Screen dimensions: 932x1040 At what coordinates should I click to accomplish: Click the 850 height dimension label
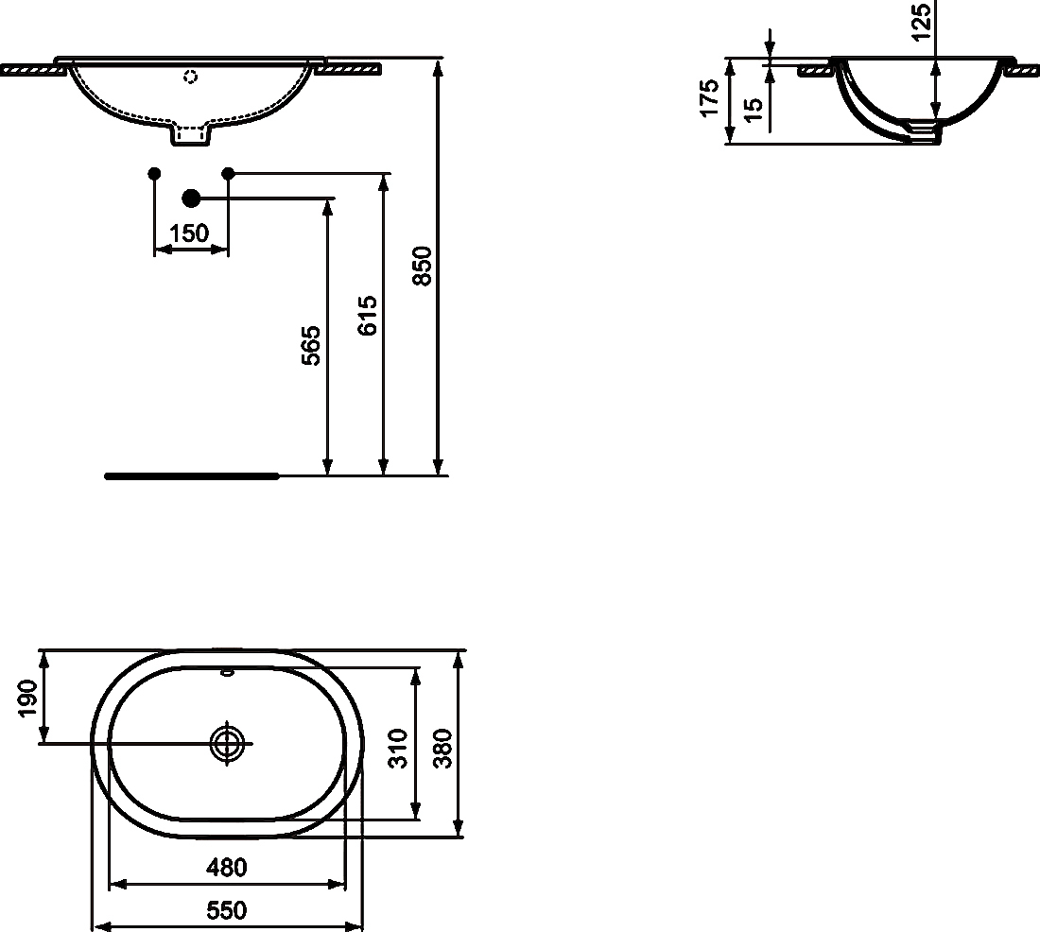(425, 266)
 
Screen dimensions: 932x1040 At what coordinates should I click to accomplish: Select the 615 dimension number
(369, 315)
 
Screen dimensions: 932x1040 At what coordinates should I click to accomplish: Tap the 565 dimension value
(312, 345)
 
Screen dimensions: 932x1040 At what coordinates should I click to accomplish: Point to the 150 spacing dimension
(190, 233)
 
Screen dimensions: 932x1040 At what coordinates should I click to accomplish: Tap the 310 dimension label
(398, 748)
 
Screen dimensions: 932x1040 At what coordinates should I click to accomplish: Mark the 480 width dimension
(227, 867)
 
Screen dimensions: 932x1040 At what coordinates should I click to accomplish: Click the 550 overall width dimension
(227, 910)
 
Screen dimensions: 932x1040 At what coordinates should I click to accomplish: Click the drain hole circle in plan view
(227, 743)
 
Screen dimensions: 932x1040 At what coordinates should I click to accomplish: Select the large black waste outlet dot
(191, 198)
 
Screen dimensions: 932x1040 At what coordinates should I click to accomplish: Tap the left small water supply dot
(155, 173)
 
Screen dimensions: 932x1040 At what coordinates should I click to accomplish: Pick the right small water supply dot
(227, 173)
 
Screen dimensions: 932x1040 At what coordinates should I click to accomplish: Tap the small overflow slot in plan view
(227, 673)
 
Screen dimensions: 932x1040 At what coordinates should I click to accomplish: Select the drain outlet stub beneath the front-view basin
(191, 136)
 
